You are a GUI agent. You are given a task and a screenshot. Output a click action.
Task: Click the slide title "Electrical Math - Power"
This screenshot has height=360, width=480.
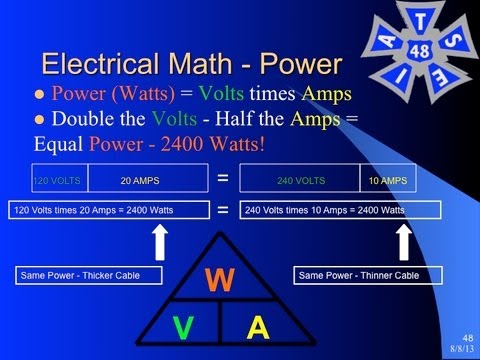tap(191, 63)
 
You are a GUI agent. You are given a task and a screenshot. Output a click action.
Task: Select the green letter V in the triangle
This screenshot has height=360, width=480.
tap(182, 327)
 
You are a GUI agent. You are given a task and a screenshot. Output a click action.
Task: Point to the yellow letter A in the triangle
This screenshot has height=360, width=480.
tap(258, 327)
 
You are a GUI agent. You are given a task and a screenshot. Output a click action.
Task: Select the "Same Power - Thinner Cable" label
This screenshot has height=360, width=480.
tap(357, 275)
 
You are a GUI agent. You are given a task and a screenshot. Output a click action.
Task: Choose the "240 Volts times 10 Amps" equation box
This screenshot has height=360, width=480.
tap(340, 211)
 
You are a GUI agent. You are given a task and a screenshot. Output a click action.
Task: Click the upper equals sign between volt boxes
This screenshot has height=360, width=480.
tap(222, 179)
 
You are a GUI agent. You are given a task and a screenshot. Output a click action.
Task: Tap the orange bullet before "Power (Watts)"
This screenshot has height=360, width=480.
tap(41, 96)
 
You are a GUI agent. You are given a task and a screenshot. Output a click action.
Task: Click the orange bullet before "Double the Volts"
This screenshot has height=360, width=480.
tap(41, 120)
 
